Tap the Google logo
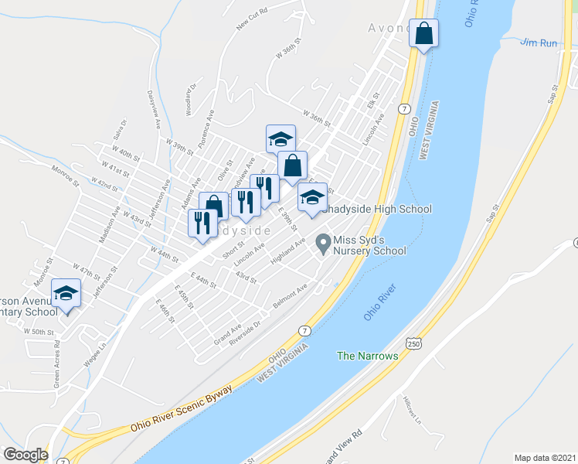[x=25, y=455]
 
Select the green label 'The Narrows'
[x=367, y=356]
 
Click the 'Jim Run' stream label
[x=539, y=43]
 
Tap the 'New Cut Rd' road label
[x=252, y=21]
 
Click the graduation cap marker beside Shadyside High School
[x=312, y=196]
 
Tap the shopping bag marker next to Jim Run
[x=423, y=33]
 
